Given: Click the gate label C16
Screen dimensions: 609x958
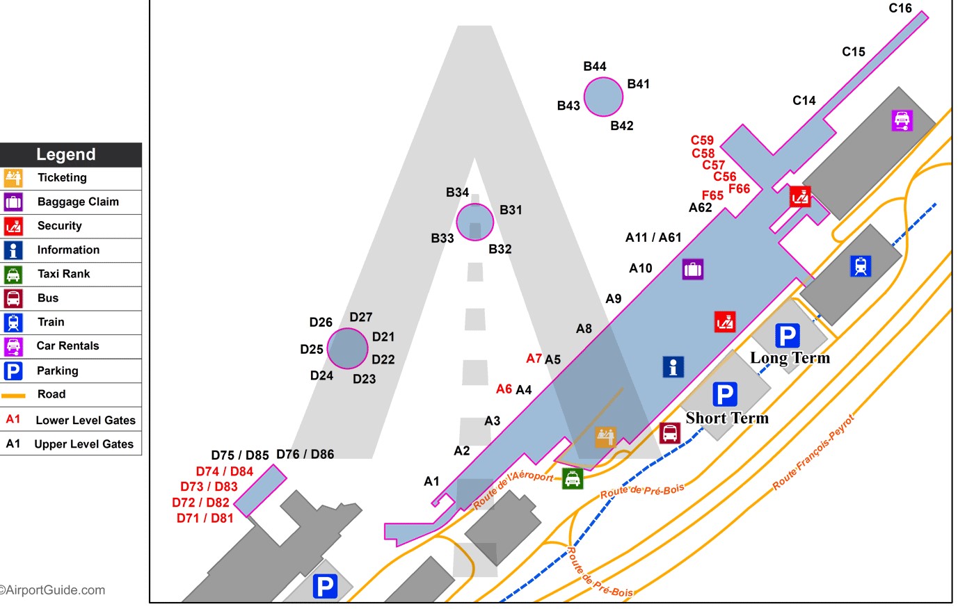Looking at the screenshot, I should [x=900, y=8].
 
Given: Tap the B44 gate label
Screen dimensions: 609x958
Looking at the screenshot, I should [x=594, y=67].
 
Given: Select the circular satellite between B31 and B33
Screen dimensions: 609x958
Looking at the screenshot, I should [x=474, y=222].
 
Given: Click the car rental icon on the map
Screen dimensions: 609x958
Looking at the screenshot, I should [x=902, y=120].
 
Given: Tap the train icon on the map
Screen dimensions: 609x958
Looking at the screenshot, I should [x=861, y=266].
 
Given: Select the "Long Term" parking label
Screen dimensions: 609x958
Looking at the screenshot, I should [x=790, y=358].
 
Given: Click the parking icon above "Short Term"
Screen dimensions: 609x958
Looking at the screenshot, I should [x=724, y=394].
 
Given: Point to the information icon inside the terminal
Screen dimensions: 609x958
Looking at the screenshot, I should [x=673, y=366].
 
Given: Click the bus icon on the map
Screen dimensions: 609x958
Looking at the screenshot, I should [x=669, y=432].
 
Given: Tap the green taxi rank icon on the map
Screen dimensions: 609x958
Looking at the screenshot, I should [x=572, y=478].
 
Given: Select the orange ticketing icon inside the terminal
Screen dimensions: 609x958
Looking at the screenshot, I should [x=605, y=437].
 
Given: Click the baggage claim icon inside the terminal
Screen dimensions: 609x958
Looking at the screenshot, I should [x=692, y=268].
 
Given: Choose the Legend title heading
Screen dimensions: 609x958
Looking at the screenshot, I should [x=66, y=154].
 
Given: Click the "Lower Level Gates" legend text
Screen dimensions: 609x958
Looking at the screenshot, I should [x=86, y=420].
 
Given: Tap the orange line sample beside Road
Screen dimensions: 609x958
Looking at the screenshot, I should [x=13, y=395].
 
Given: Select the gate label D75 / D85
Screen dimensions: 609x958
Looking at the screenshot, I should [x=239, y=455].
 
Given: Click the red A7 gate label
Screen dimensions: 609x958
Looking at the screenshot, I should [x=534, y=359].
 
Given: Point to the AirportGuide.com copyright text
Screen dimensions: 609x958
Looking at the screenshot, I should [x=53, y=590].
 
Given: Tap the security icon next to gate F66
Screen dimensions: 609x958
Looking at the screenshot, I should [x=800, y=197].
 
